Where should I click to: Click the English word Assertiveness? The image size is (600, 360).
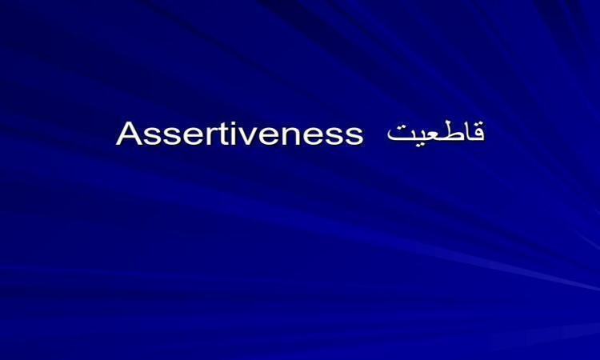pyautogui.click(x=239, y=134)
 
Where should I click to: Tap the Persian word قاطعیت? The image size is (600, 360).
pyautogui.click(x=436, y=132)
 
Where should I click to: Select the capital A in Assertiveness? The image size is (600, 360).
pyautogui.click(x=130, y=134)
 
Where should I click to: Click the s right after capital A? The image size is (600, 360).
pyautogui.click(x=153, y=137)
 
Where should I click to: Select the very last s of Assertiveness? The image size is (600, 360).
pyautogui.click(x=353, y=137)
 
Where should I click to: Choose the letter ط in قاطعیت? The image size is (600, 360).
pyautogui.click(x=448, y=132)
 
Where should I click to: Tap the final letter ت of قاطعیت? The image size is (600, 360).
pyautogui.click(x=396, y=134)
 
